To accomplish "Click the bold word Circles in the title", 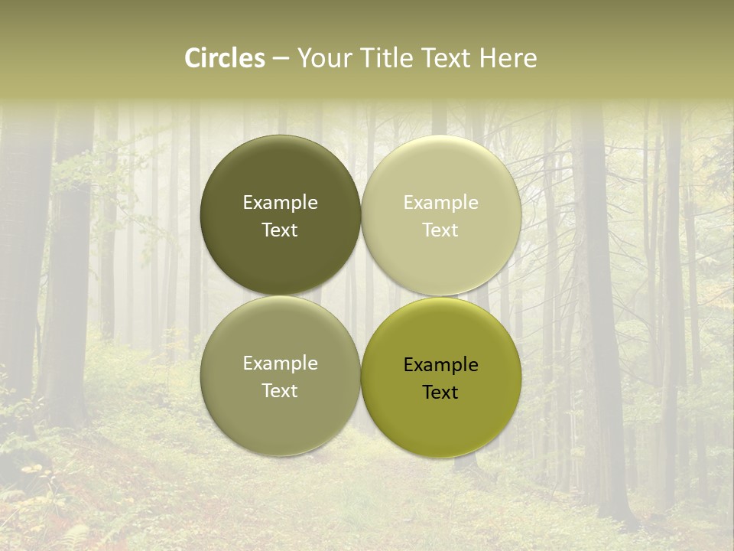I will [225, 58].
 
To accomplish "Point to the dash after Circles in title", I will [281, 59].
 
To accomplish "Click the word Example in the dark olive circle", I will [280, 203].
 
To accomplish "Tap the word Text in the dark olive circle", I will [280, 230].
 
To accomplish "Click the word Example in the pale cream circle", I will [441, 203].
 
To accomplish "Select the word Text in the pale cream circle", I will [441, 230].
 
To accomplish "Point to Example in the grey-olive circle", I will [280, 364].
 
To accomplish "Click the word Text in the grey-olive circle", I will [280, 391].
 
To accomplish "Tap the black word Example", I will [441, 365].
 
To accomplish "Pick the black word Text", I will [441, 393].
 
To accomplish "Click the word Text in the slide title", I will [447, 58].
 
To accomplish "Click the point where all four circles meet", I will [361, 296].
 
